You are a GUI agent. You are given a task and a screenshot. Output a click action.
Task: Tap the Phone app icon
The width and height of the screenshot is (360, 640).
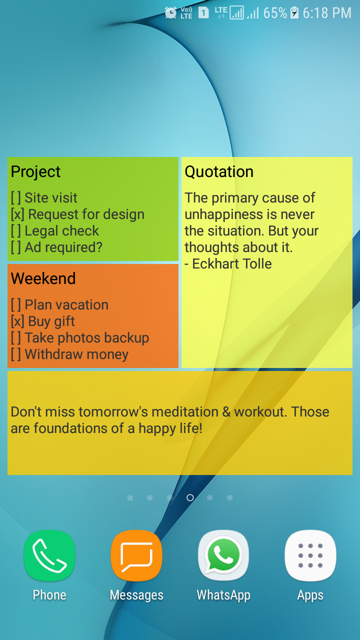tap(49, 555)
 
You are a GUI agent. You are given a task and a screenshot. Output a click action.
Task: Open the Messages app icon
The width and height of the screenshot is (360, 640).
tap(136, 555)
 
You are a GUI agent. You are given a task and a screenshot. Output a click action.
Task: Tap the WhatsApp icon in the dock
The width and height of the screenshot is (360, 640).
tap(223, 555)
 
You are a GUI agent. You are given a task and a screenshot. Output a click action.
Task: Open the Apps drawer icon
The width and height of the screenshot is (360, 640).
tap(310, 555)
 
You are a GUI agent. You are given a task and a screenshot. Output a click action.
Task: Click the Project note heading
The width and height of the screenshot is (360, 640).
tap(35, 171)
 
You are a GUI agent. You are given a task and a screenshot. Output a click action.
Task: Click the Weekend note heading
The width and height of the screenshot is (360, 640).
tap(43, 278)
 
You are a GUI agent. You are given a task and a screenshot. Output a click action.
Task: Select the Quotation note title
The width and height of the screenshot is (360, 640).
tap(219, 171)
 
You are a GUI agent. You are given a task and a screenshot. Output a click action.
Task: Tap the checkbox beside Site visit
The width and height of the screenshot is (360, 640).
tap(16, 197)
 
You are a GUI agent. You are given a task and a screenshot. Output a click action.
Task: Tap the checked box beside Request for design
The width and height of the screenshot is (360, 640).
tap(17, 214)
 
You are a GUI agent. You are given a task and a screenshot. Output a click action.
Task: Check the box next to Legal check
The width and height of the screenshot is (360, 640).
tap(16, 231)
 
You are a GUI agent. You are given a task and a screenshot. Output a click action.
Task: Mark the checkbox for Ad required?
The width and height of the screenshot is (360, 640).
tap(16, 247)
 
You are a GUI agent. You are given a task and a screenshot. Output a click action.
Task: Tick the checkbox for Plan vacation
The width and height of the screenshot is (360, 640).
tap(16, 304)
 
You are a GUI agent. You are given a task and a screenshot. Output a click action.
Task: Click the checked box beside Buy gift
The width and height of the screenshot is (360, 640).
tap(17, 321)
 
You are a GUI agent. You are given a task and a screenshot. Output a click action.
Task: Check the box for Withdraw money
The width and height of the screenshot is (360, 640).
tap(16, 354)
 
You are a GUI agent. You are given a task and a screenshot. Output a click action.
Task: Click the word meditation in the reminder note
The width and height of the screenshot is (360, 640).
tap(185, 411)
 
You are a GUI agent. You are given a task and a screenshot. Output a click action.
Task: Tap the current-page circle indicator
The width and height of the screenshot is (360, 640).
tap(190, 497)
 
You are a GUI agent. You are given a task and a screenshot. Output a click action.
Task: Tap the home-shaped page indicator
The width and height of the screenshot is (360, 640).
tap(130, 497)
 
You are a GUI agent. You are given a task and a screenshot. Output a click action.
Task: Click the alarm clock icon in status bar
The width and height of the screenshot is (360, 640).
tap(170, 12)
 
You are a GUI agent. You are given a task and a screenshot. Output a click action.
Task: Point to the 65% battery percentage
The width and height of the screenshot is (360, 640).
tap(275, 13)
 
